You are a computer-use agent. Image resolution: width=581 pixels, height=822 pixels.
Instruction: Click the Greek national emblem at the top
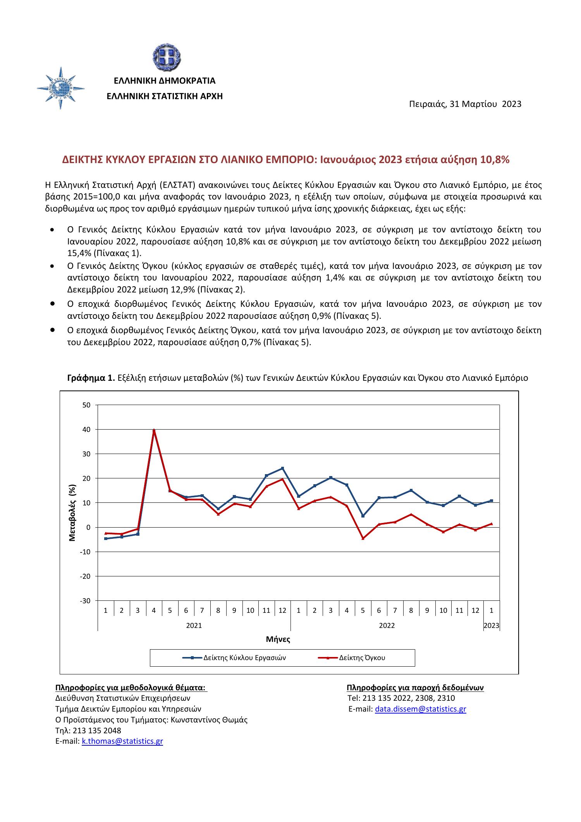tap(166, 57)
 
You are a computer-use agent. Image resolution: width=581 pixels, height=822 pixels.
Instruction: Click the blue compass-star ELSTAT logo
tap(61, 88)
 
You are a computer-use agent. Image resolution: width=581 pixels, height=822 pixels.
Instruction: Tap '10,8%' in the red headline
tap(495, 160)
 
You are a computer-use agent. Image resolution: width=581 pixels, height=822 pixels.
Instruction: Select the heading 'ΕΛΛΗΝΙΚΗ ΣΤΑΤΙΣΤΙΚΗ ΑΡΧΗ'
tap(165, 96)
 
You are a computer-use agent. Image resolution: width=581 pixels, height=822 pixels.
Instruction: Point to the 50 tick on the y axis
tap(86, 405)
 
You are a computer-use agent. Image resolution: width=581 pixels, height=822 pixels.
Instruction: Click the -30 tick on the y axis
tap(85, 601)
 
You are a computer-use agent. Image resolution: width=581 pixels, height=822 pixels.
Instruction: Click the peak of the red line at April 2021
tap(154, 430)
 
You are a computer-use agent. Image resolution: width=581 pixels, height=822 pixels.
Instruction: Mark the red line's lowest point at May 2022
tap(363, 538)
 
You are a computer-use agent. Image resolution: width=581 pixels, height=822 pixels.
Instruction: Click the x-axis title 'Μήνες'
tap(278, 639)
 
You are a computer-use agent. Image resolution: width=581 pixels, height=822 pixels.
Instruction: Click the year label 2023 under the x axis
tap(492, 625)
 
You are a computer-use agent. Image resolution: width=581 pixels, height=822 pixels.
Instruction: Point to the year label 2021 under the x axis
tap(194, 625)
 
